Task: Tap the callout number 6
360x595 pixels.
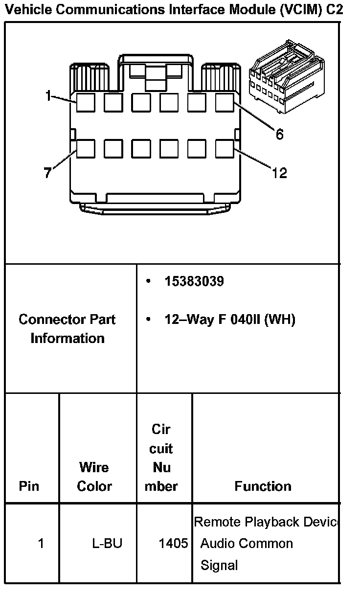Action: pos(279,134)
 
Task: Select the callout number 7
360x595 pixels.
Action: pos(47,173)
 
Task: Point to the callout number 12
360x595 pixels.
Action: pos(279,173)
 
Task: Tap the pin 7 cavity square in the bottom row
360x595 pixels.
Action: pos(85,149)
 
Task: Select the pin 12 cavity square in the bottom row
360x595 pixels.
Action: pos(225,149)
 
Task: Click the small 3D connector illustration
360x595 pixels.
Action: pos(286,77)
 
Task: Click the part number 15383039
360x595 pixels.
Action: pos(194,282)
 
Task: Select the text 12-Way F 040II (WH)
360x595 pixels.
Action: pos(230,320)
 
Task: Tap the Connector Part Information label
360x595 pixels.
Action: pos(67,329)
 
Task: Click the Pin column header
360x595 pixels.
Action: pos(29,486)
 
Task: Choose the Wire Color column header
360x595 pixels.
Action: pos(94,477)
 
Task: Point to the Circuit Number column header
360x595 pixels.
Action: pos(161,458)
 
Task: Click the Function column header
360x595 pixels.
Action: pos(263,486)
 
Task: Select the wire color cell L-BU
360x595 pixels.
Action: pos(107,544)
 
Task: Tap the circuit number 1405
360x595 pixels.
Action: pos(173,544)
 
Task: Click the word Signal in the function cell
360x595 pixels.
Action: pos(219,566)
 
